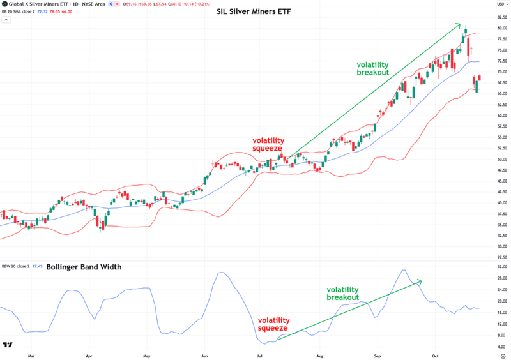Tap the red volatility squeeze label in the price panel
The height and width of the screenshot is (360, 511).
pos(268,144)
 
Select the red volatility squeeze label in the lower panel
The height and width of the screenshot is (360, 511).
pos(273,325)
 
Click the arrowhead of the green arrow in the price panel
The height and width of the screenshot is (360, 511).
pos(460,24)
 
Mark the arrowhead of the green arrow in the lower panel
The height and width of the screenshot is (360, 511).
pos(421,280)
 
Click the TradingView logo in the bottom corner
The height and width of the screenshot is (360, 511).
pos(8,345)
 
